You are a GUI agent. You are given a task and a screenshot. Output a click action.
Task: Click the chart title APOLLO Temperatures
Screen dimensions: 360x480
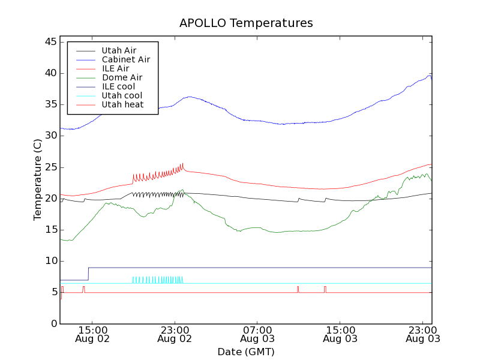[246, 23]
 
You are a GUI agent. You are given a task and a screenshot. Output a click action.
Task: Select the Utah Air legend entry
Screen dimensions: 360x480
[119, 50]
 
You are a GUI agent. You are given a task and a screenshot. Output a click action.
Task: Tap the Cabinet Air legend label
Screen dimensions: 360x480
[126, 59]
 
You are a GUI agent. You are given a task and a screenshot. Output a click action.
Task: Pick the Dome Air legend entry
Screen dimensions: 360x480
[122, 77]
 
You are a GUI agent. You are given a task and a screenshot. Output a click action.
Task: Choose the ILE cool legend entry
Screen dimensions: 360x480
[118, 86]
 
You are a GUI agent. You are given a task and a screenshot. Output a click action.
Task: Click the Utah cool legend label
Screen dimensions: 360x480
[122, 95]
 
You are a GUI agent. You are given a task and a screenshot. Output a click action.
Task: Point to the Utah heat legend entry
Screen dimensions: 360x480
[122, 104]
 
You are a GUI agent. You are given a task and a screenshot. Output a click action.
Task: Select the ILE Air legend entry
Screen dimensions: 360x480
[115, 68]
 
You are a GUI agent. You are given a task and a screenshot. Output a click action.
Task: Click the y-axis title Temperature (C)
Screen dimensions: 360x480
[37, 179]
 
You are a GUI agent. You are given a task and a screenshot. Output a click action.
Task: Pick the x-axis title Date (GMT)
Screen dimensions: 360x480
[245, 352]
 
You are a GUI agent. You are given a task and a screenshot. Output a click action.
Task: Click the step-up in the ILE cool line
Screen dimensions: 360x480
[89, 274]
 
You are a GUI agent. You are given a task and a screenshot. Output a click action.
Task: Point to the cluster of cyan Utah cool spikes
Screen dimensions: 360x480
[157, 280]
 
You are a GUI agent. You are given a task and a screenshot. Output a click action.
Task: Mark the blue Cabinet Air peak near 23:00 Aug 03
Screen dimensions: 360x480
[429, 76]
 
